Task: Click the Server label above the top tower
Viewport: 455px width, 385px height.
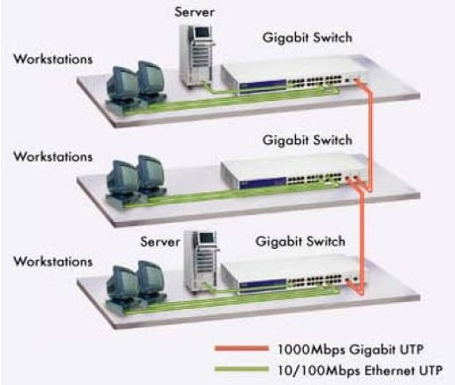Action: (194, 12)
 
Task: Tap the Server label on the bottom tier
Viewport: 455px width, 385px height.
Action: (160, 242)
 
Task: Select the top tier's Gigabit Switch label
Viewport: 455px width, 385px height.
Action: (307, 38)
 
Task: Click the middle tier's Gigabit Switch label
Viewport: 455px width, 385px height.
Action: (307, 140)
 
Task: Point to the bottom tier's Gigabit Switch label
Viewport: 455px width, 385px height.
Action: (300, 241)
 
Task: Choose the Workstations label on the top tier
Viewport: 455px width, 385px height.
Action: (53, 59)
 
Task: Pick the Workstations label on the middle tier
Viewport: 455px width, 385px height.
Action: (53, 156)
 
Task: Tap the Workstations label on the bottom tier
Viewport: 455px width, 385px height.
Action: (53, 261)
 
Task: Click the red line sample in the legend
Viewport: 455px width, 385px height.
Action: (241, 348)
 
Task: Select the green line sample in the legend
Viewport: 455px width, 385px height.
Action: (241, 369)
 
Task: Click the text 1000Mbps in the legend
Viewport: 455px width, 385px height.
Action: (311, 349)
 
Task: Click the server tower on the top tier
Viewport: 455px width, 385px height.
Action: (196, 54)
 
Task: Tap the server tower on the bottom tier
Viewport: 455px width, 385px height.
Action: (201, 260)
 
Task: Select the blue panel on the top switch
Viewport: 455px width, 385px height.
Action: (262, 85)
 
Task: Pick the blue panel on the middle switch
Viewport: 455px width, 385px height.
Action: (262, 182)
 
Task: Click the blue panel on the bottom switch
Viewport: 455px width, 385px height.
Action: (262, 284)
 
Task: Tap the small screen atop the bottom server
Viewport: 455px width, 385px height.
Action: (207, 237)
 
